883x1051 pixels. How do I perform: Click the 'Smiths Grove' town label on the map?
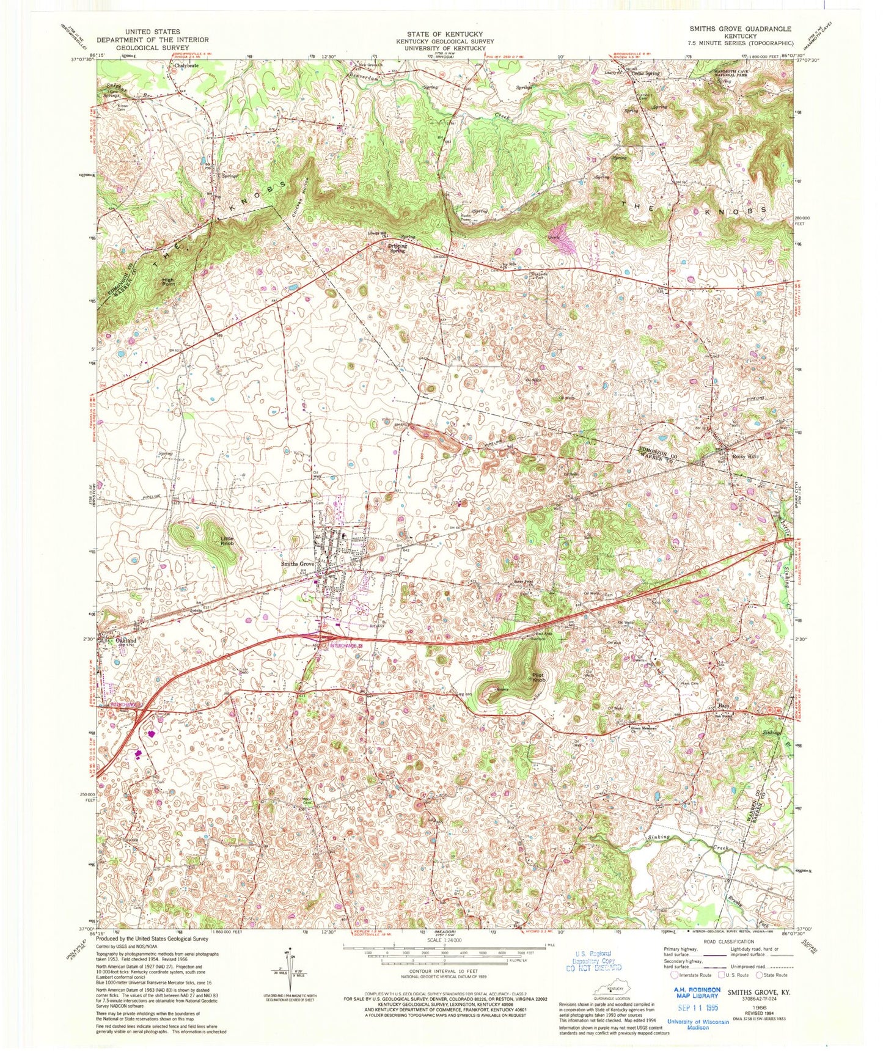tap(297, 564)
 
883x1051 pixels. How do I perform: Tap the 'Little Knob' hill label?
tap(227, 540)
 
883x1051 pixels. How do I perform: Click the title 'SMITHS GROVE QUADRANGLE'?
tap(740, 29)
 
